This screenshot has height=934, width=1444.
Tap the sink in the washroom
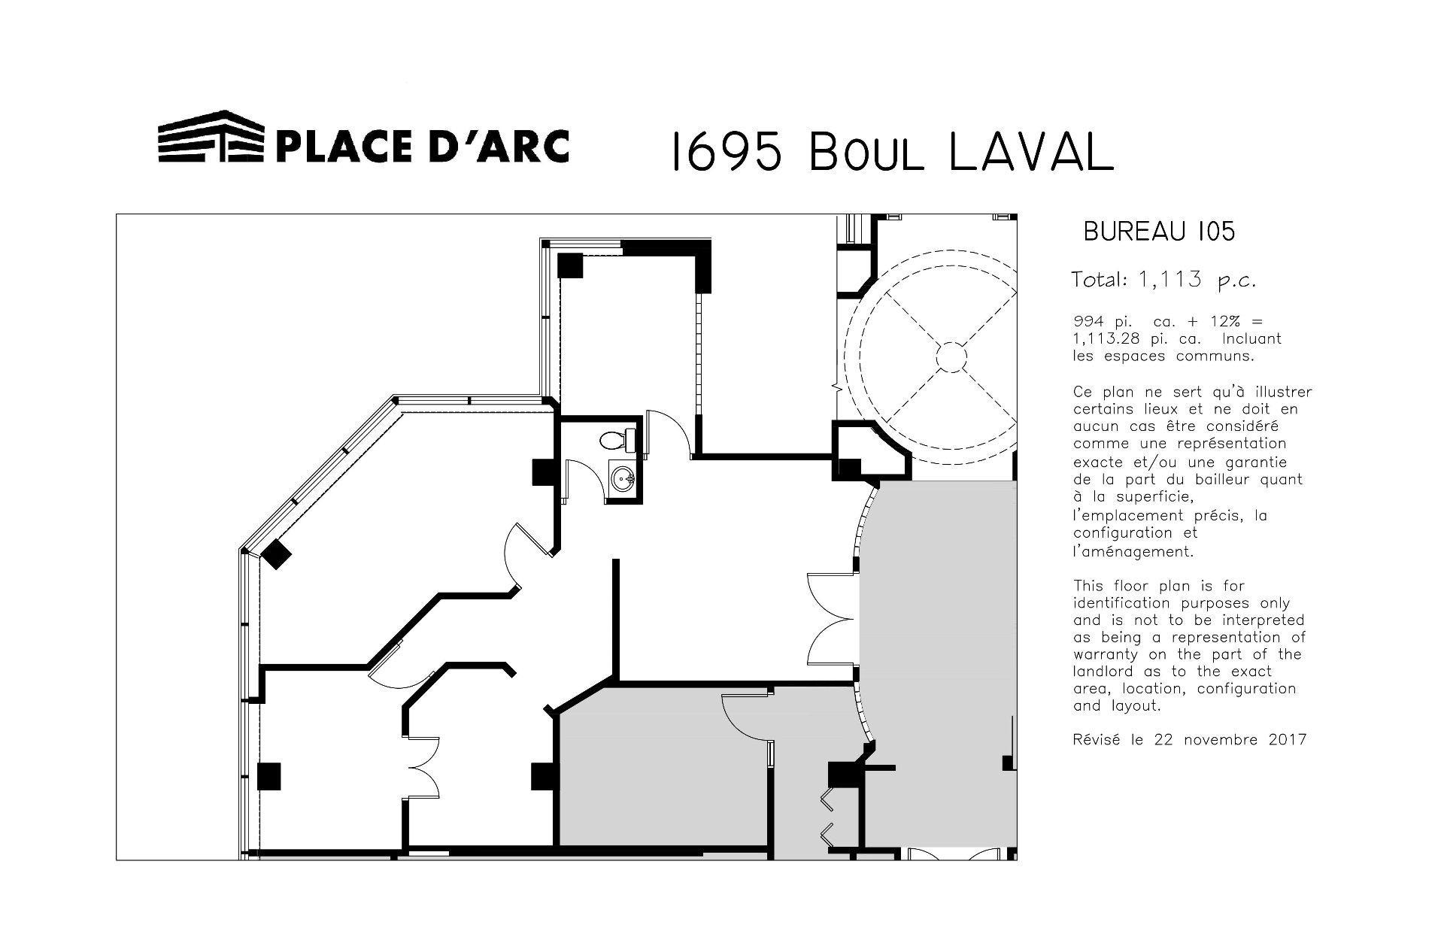click(623, 478)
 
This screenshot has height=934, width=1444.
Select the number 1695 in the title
click(726, 151)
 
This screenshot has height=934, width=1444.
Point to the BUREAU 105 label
click(1159, 232)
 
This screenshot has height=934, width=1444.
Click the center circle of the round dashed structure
click(951, 356)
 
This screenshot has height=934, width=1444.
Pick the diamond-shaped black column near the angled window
click(276, 554)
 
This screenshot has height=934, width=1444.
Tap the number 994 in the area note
click(1086, 322)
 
